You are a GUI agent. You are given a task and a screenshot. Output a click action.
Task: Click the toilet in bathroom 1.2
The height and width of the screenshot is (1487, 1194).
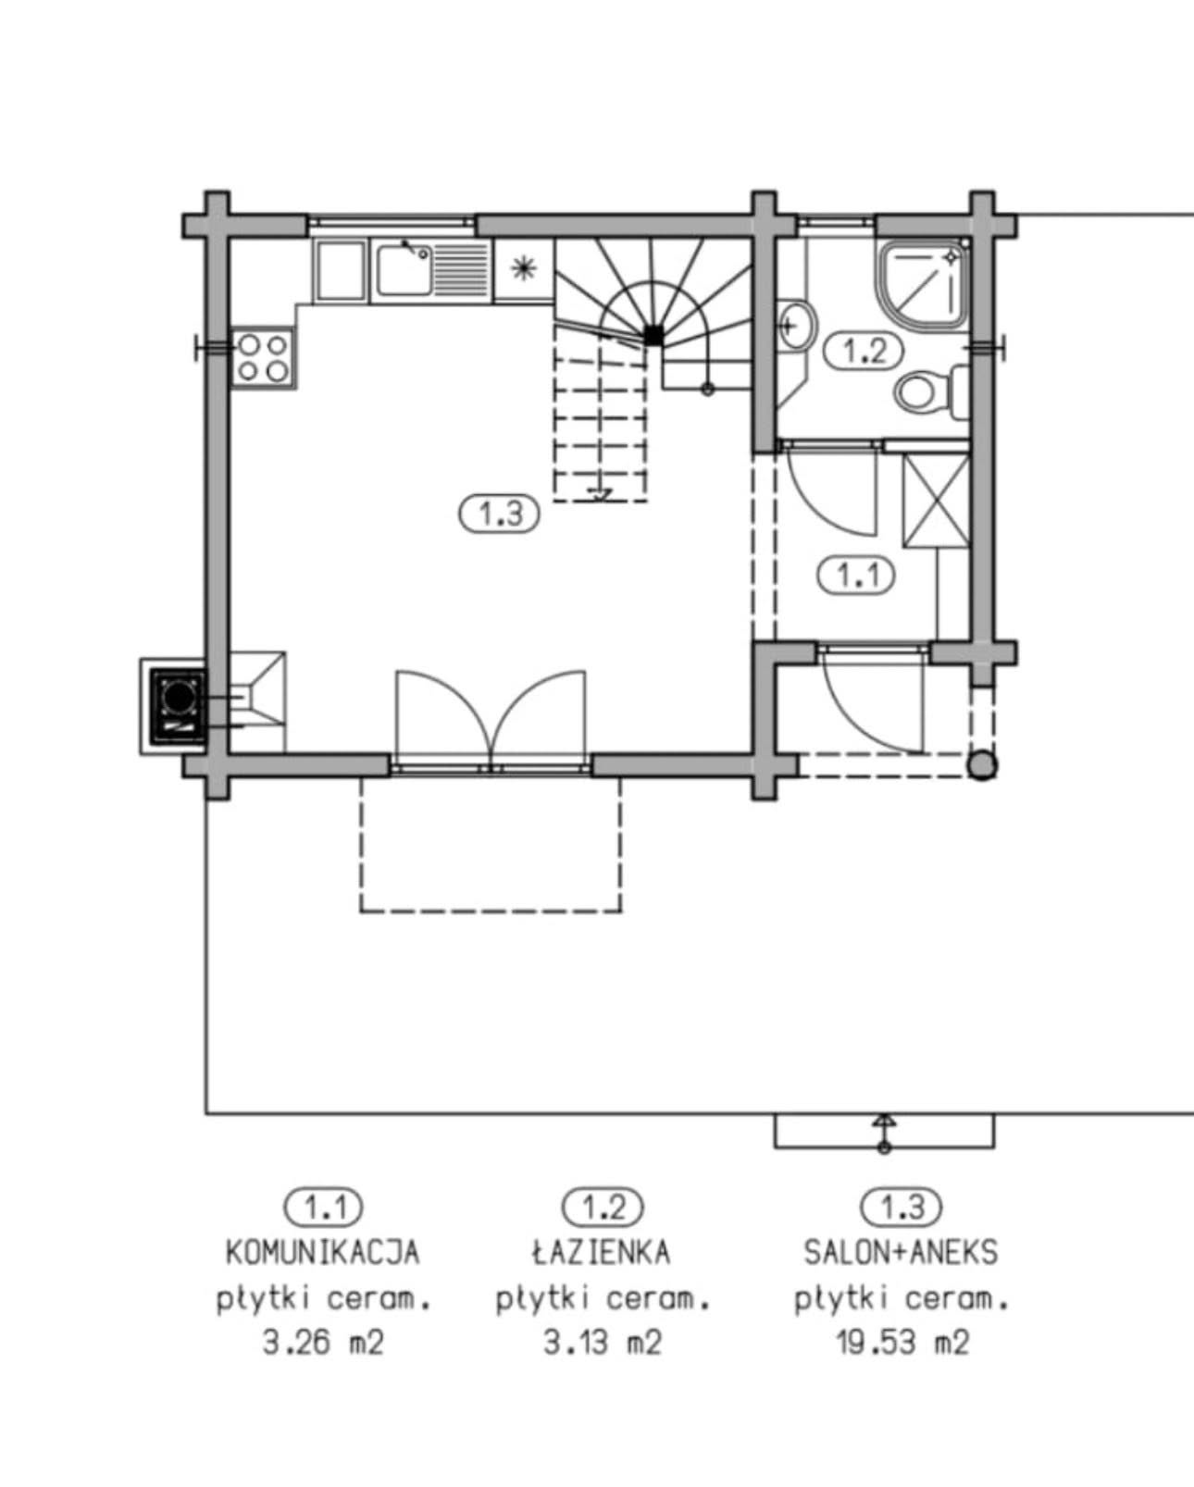click(922, 392)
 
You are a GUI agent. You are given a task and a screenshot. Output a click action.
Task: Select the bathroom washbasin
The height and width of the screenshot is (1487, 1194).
click(795, 325)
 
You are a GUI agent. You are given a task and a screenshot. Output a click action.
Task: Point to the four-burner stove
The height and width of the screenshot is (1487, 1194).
click(263, 358)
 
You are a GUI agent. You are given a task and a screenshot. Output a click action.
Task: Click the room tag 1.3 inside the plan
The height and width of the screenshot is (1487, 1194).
click(500, 513)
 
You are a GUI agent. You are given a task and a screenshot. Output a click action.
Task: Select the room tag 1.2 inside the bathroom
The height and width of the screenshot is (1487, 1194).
click(863, 351)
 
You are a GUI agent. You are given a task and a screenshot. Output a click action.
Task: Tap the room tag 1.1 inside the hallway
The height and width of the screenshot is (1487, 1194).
click(856, 575)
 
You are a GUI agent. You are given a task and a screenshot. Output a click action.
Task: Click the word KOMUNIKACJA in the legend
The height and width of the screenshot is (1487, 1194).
click(323, 1252)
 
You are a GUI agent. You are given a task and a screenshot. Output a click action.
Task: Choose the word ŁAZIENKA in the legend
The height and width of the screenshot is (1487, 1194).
click(602, 1252)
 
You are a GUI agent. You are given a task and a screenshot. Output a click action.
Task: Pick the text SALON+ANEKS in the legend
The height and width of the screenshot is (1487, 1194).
click(901, 1252)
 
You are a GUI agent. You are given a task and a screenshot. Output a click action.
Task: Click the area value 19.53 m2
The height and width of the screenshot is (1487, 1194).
click(902, 1342)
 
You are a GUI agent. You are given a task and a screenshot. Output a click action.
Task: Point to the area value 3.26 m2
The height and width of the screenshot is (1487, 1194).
click(323, 1342)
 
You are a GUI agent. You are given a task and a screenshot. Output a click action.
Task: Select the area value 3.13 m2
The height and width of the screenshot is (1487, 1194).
click(603, 1342)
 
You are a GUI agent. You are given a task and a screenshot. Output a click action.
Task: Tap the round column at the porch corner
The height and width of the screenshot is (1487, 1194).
click(982, 765)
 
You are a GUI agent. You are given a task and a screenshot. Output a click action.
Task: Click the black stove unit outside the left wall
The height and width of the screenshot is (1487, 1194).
click(177, 705)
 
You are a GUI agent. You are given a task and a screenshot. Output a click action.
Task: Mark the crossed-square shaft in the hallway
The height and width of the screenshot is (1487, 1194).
click(936, 501)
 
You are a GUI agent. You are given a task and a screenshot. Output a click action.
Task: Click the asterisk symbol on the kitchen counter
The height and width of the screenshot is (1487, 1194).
click(524, 268)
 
